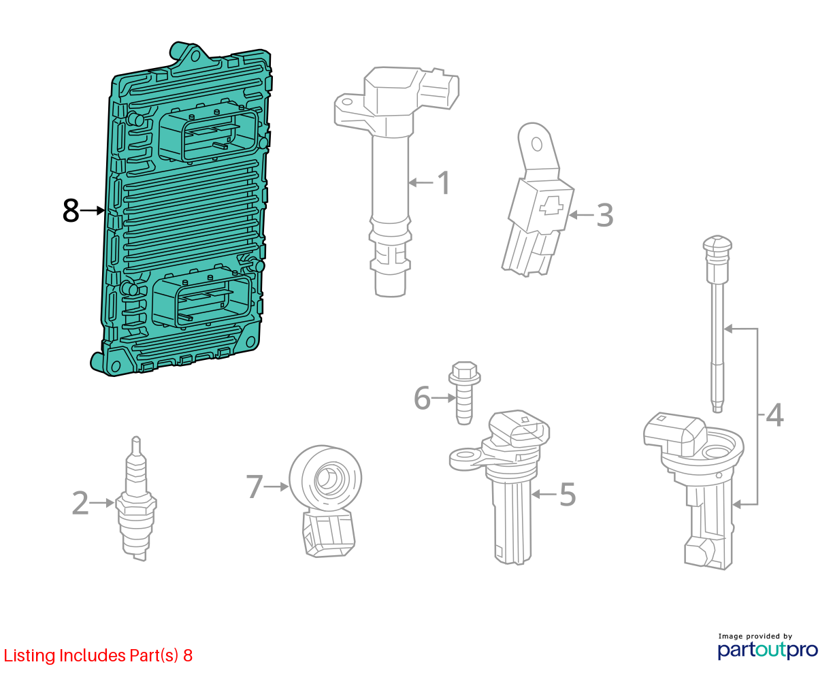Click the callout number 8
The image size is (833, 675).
tap(71, 211)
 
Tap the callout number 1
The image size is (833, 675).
tap(444, 182)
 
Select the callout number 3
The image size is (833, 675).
tap(604, 215)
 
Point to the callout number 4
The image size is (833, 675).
tap(774, 415)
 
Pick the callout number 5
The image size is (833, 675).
tap(568, 494)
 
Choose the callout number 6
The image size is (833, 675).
tap(422, 398)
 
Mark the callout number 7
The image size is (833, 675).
tap(255, 487)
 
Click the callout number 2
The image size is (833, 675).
tap(80, 503)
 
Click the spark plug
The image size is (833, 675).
tap(136, 499)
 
